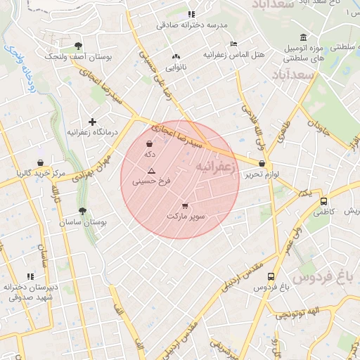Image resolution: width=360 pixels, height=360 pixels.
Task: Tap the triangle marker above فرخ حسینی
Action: [151, 172]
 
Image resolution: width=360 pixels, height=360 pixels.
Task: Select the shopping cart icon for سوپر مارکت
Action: [185, 206]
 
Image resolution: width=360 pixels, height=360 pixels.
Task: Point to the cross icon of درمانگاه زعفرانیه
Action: [92, 122]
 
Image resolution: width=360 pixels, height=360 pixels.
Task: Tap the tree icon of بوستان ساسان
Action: [83, 211]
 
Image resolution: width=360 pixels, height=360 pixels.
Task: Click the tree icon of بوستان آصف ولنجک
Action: [77, 45]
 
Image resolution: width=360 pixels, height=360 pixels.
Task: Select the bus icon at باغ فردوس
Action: [271, 276]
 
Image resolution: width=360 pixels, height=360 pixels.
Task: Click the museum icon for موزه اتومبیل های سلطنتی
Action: [303, 37]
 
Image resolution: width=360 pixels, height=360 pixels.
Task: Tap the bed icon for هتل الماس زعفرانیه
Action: [234, 44]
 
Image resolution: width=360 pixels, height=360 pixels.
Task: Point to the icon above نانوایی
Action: [174, 57]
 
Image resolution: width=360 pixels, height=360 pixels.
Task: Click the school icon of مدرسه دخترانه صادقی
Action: [191, 14]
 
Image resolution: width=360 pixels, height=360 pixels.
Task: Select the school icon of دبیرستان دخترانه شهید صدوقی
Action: [30, 277]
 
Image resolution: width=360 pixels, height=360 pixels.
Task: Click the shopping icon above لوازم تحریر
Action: [262, 163]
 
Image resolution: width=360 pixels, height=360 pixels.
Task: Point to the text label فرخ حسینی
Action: [152, 182]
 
